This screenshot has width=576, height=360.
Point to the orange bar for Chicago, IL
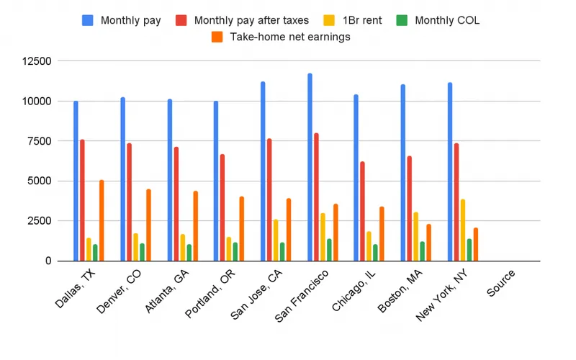(x=382, y=234)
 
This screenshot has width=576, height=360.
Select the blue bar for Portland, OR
(x=216, y=181)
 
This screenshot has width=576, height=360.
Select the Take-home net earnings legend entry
(x=280, y=37)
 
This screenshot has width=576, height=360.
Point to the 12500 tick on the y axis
(x=35, y=61)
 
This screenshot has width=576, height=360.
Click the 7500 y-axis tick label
(x=38, y=141)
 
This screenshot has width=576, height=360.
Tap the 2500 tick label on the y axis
(x=38, y=221)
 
